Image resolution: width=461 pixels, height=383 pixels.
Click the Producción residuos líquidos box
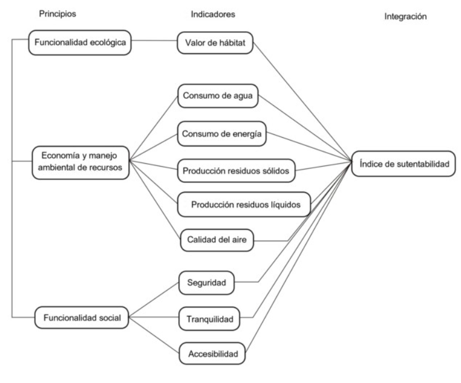244,204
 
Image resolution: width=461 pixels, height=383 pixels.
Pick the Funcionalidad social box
80,317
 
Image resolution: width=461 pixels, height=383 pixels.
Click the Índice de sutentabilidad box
403,164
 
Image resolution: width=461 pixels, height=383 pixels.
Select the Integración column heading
405,17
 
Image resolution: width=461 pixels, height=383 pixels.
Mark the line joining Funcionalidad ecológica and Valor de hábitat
154,42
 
